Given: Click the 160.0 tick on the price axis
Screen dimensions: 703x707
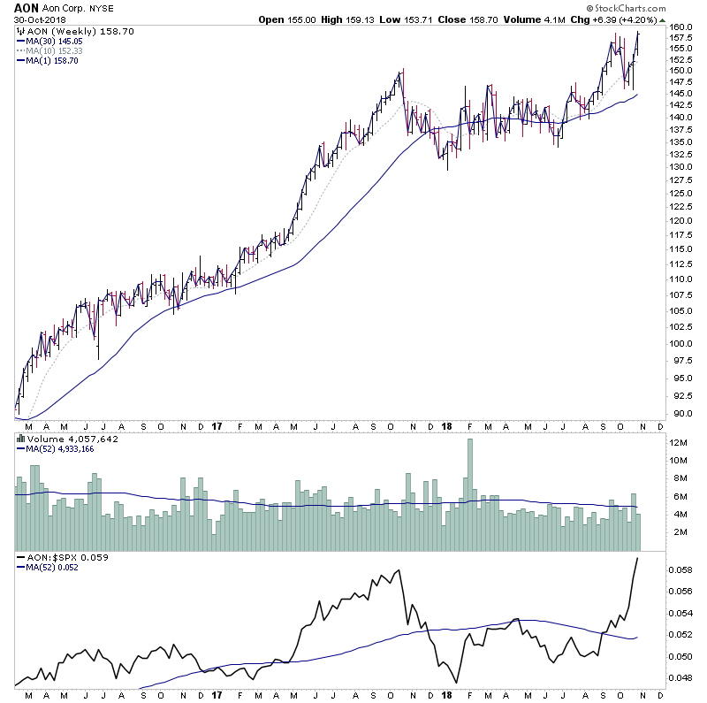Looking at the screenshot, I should pos(680,27).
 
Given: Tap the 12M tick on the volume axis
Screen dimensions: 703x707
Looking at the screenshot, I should pos(679,442).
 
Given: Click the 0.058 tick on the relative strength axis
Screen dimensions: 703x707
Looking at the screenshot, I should pos(680,570).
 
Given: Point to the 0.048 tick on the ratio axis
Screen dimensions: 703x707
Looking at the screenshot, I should pos(680,678).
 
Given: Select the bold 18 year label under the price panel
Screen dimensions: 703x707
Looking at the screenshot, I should pos(446,425).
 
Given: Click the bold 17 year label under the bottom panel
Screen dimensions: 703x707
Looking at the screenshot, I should pos(218,695).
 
